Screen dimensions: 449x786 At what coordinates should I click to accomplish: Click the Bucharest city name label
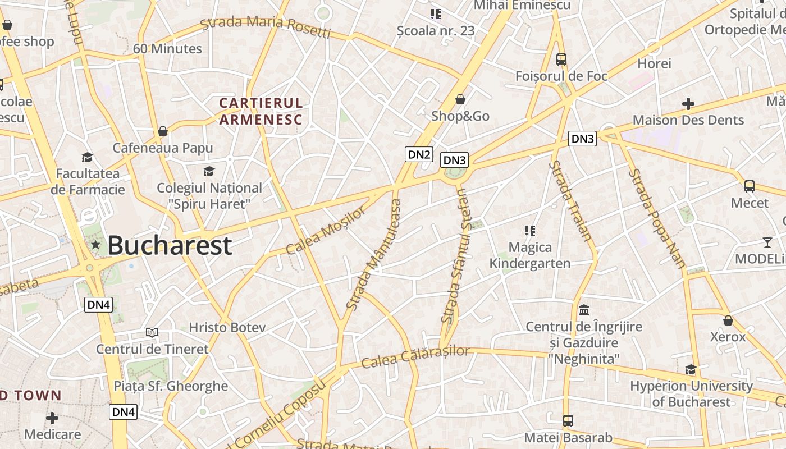169,245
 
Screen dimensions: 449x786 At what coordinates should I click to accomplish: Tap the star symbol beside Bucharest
95,245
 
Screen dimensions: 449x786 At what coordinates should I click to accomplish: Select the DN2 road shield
419,154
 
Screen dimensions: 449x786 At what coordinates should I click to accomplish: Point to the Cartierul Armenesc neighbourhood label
261,111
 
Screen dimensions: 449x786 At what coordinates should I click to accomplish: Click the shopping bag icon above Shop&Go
460,99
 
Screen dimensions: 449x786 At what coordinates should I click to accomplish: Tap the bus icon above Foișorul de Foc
561,59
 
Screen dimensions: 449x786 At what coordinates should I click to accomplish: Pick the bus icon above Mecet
749,186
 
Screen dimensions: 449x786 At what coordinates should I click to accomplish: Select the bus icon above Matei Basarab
568,420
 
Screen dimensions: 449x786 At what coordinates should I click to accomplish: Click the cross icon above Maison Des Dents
688,104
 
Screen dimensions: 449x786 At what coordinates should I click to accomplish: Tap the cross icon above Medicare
52,418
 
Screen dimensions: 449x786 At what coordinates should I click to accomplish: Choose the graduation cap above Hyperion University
691,369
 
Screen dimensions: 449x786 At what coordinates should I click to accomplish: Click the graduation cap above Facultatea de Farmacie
87,157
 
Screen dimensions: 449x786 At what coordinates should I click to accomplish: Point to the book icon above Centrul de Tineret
152,332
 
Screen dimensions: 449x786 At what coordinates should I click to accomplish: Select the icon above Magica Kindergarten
529,231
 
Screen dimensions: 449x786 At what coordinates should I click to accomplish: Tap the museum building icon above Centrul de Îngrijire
584,310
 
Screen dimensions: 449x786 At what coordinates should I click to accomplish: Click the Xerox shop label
728,337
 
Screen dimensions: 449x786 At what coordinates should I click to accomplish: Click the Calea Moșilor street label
325,230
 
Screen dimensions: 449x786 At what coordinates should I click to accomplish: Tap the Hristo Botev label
227,327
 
